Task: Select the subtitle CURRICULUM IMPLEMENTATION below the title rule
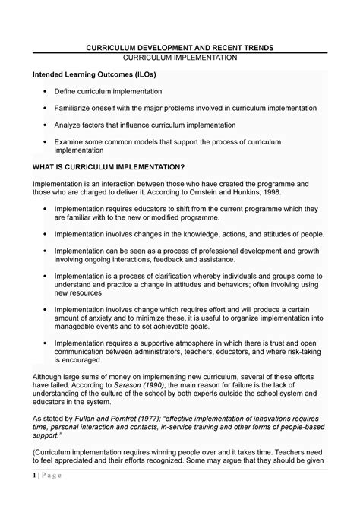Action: (180, 58)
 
